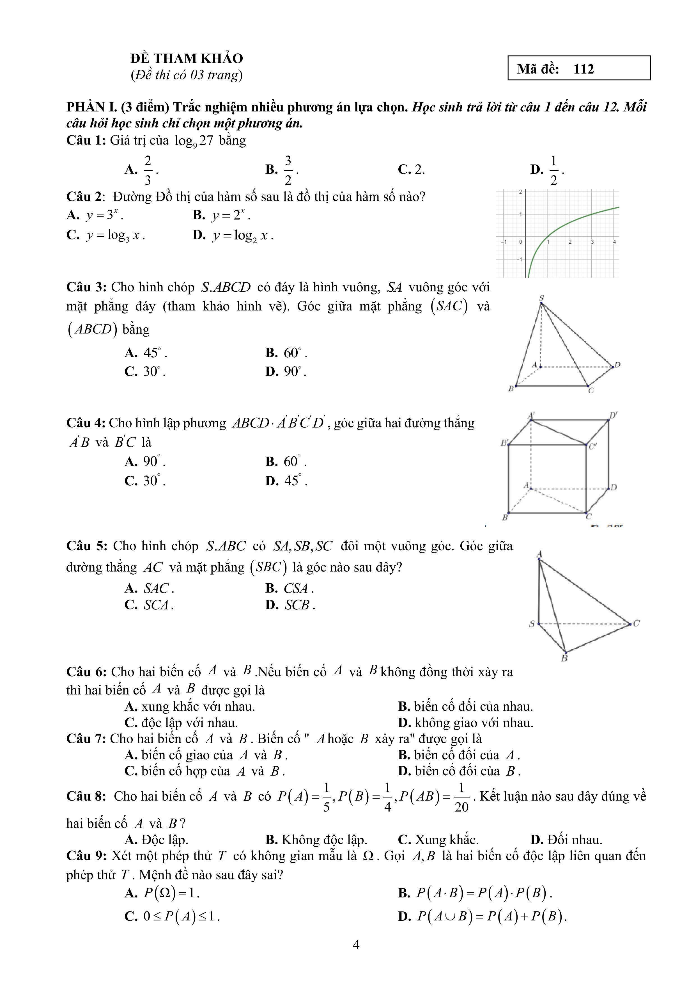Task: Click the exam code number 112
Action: [584, 69]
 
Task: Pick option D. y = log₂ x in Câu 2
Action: [233, 235]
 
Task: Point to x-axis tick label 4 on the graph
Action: [614, 242]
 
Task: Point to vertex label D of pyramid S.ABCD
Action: [617, 365]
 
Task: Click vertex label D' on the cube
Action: [613, 415]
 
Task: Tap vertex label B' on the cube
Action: [504, 442]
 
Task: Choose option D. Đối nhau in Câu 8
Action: [566, 840]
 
